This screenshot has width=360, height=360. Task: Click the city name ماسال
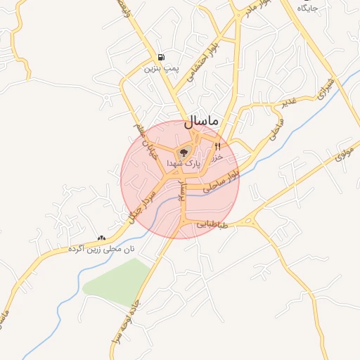[x=202, y=122]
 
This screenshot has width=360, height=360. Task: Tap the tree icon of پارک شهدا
[x=184, y=151]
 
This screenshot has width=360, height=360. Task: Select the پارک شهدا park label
[x=184, y=163]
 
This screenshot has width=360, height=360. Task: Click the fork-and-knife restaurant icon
[x=217, y=147]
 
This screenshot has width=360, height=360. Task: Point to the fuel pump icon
[x=162, y=58]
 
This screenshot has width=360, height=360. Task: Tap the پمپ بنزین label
[x=158, y=69]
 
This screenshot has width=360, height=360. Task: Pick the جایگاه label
[x=307, y=8]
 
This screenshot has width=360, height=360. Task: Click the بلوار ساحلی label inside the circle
[x=222, y=181]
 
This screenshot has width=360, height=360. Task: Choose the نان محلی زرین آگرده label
[x=101, y=249]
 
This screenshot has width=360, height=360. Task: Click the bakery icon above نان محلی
[x=102, y=238]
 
